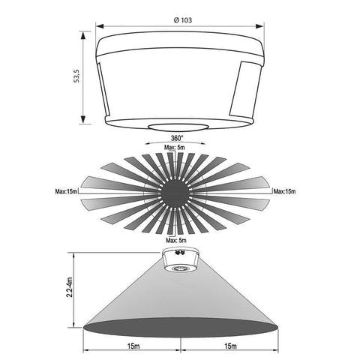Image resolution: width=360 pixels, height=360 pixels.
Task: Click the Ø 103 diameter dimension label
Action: point(183,20)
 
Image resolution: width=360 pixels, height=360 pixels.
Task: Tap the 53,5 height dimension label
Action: point(76,76)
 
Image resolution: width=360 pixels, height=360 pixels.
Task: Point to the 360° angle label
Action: point(177,138)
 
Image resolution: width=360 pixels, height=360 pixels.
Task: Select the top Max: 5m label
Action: point(175,148)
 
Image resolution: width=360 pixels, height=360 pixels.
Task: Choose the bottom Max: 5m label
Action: point(176,241)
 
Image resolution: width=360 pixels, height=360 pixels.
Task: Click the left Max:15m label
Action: point(66,191)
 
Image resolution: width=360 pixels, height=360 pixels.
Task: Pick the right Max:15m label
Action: point(284,191)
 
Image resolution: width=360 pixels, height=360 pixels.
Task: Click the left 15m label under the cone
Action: point(133,346)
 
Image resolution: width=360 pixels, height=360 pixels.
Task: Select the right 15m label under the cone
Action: point(230,346)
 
